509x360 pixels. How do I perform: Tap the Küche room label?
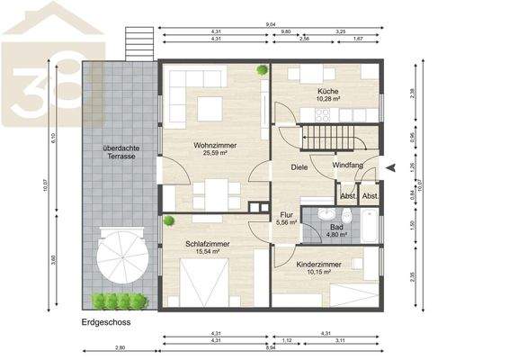tap(326, 93)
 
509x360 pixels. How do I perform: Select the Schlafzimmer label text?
tap(208, 243)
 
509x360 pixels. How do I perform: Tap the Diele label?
tap(299, 167)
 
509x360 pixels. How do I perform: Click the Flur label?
tap(287, 216)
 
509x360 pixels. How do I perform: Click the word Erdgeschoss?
tap(100, 320)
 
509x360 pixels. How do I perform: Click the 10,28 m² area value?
tap(326, 101)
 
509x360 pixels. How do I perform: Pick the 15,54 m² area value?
tap(208, 252)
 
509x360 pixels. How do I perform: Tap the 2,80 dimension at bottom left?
tap(120, 346)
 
